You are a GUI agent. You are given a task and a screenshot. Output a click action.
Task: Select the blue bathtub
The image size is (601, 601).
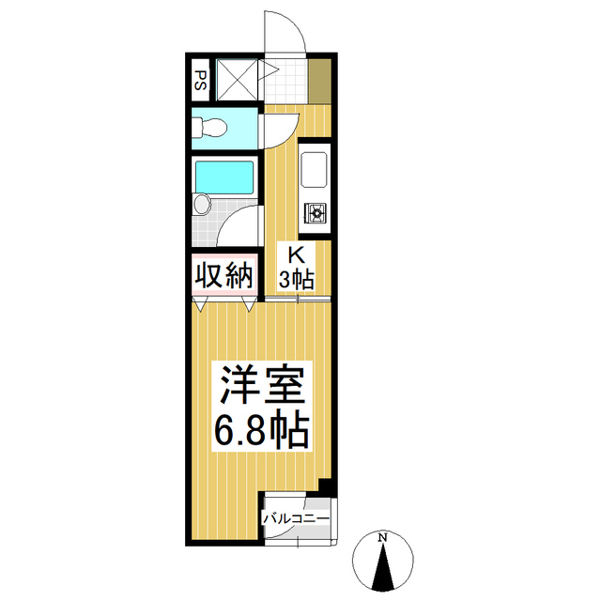[x=224, y=176]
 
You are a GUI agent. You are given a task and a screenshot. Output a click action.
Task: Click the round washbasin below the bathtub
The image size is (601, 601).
[x=201, y=205]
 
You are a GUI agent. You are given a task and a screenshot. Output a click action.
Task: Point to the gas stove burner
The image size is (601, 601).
[x=315, y=215]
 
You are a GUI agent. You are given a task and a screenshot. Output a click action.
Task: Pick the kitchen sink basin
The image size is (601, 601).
[x=314, y=170]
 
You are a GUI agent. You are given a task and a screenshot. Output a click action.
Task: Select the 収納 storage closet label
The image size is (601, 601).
[x=224, y=276]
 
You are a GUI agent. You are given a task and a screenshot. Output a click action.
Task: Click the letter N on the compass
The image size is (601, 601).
[x=382, y=538]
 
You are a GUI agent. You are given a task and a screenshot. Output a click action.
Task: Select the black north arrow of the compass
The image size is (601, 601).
[x=383, y=569]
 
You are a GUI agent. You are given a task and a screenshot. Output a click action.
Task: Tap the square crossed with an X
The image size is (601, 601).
[x=238, y=79]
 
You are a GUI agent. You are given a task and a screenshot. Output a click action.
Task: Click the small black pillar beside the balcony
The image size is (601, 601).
[x=326, y=486]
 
